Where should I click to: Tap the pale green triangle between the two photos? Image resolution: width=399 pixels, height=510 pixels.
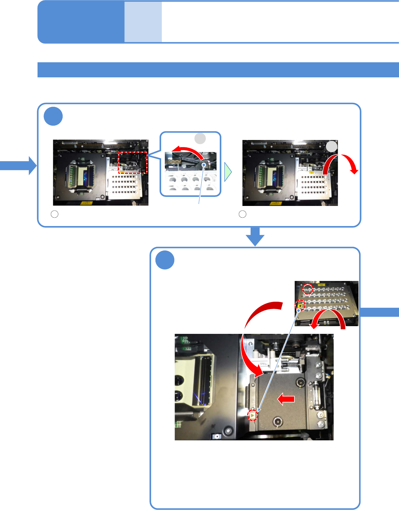[228, 172]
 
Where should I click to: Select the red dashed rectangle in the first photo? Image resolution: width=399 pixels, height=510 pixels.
[133, 163]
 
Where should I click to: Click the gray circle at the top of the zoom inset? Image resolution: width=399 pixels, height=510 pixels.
[200, 138]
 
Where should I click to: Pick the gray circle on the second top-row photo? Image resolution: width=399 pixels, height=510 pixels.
[332, 146]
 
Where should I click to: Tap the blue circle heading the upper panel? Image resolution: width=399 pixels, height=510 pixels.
[53, 117]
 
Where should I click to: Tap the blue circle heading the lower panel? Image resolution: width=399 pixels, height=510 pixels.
[165, 260]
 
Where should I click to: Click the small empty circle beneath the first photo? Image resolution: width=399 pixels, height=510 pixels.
[55, 214]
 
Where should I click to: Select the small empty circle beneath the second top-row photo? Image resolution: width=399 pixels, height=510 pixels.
[243, 214]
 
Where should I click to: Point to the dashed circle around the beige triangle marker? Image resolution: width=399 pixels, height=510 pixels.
[252, 416]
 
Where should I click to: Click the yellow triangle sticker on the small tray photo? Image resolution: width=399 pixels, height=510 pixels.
[300, 305]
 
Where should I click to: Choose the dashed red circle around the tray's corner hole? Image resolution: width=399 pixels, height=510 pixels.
[308, 289]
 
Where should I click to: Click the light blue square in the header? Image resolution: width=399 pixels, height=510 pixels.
[143, 22]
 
